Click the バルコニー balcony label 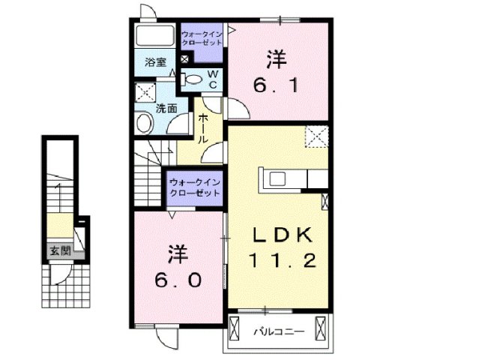pyautogui.click(x=277, y=330)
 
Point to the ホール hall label pyautogui.click(x=203, y=129)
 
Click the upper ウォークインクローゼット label pyautogui.click(x=202, y=38)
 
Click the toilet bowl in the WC pyautogui.click(x=192, y=79)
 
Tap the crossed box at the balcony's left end pyautogui.click(x=235, y=328)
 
